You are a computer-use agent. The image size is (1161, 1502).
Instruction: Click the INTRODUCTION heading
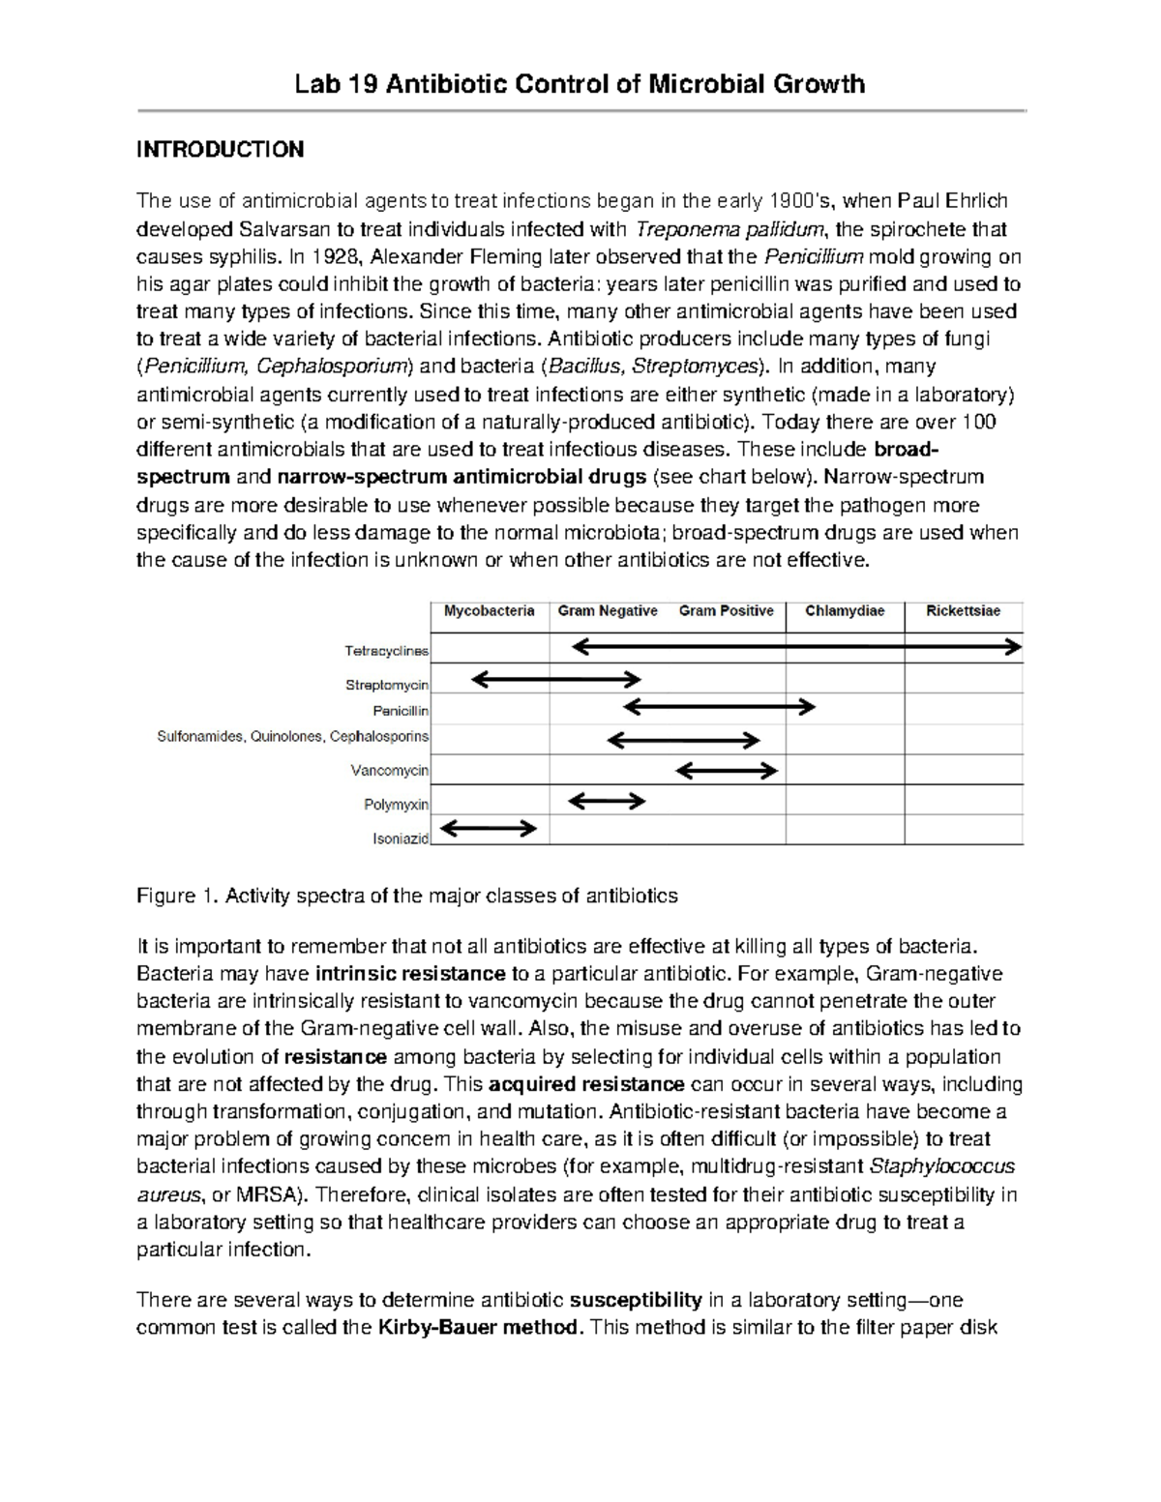point(220,149)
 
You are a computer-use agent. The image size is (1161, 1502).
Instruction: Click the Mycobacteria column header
point(489,611)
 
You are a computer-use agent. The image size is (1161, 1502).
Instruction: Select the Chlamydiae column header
point(845,611)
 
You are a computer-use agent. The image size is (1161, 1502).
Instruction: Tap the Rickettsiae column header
point(963,611)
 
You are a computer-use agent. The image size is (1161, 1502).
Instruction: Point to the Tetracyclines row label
point(387,651)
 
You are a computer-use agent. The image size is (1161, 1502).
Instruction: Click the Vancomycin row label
point(390,771)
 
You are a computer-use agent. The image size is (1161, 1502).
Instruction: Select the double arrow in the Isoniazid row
point(489,828)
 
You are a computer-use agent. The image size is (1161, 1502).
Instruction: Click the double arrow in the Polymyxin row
point(607,800)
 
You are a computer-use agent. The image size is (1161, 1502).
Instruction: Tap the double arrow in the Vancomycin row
point(727,770)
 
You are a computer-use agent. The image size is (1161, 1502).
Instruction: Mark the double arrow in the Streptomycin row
point(556,680)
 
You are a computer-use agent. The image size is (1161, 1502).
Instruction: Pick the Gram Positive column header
point(726,611)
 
